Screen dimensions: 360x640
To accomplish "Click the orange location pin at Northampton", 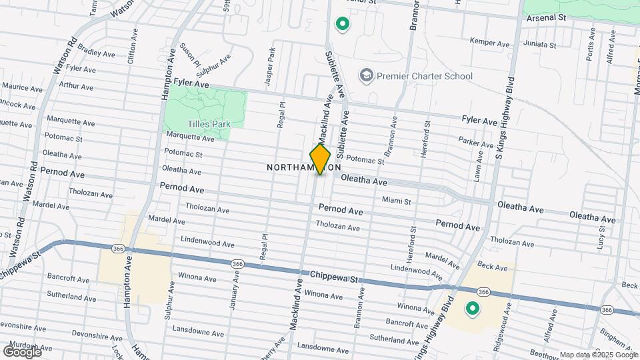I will [320, 159].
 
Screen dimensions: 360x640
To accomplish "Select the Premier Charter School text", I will [425, 76].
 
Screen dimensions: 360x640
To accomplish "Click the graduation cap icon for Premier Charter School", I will [366, 75].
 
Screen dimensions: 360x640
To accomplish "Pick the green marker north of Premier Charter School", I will [343, 25].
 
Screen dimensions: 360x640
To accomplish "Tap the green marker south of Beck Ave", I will [473, 309].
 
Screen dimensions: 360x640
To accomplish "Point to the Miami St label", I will [397, 200].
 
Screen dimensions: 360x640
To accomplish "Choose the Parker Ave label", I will [475, 141].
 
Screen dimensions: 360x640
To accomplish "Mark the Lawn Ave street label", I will [478, 165].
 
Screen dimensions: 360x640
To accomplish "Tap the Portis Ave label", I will [590, 45].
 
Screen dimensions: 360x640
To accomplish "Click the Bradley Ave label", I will [92, 49].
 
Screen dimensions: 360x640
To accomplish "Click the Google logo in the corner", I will [22, 351].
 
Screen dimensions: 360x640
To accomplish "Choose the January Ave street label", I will [234, 295].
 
